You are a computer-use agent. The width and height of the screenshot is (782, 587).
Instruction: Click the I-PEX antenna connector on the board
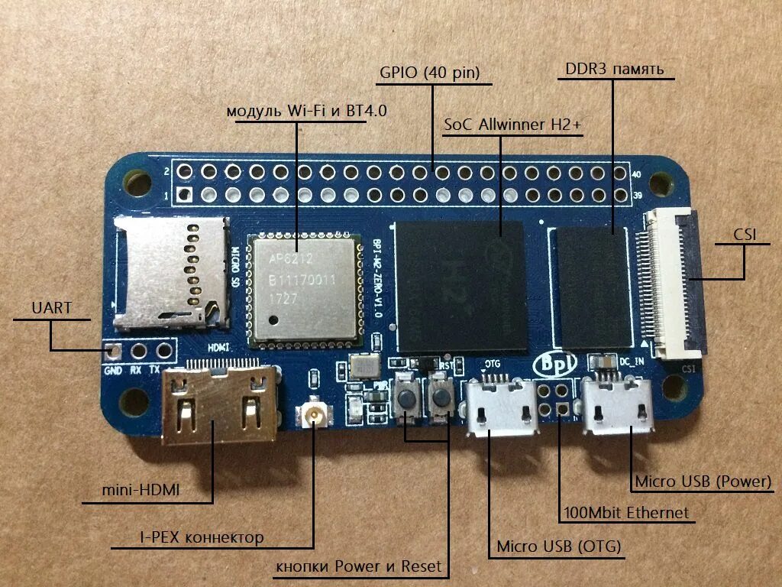pos(312,417)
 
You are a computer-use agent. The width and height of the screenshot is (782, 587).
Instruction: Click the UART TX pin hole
pos(163,352)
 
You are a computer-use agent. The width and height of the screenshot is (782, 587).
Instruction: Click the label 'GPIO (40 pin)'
pos(429,73)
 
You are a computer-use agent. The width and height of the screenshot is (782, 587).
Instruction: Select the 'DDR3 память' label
pos(615,69)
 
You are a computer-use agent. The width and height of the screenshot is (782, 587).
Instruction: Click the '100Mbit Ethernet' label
pos(625,512)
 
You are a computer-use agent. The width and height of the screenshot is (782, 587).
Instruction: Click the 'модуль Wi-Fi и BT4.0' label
pos(306,111)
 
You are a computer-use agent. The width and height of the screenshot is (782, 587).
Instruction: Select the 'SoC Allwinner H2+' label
pos(514,124)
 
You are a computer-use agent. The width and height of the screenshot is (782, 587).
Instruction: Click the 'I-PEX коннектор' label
pos(202,537)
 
